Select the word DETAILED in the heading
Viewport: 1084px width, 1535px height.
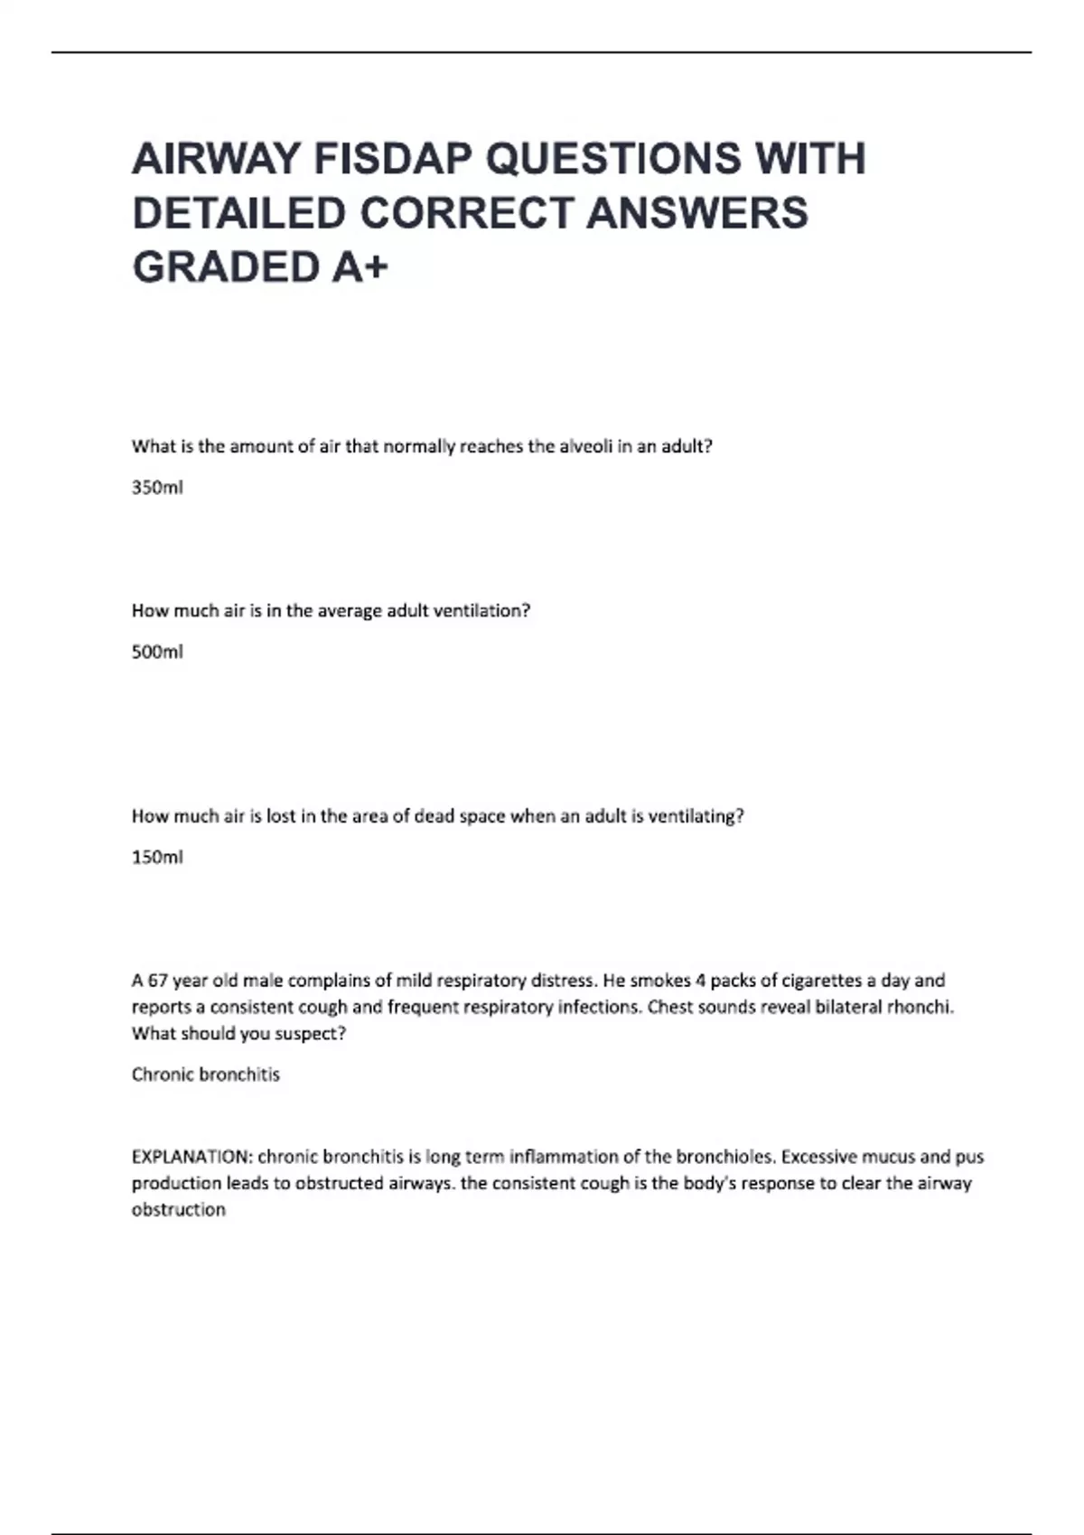[x=239, y=213]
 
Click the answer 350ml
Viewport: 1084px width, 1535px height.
[x=157, y=488]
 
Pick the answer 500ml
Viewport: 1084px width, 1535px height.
[x=157, y=652]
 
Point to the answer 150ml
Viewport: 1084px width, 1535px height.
[x=157, y=857]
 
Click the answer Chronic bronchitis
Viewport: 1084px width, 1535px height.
[x=206, y=1074]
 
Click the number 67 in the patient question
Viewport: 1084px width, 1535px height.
[x=158, y=981]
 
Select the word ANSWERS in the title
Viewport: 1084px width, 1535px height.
[x=696, y=213]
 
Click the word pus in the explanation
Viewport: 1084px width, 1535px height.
[x=968, y=1157]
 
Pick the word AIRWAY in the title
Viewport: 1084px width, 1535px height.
[x=216, y=159]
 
